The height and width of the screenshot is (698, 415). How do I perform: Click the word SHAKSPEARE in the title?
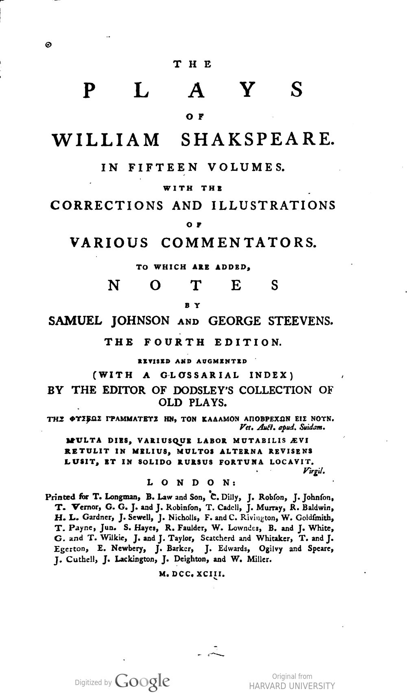[257, 139]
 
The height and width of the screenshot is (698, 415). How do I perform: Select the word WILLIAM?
[106, 139]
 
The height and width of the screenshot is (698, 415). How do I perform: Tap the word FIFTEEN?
[163, 167]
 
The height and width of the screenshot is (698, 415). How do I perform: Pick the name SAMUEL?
[74, 321]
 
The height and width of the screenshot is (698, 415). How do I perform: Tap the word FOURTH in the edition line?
[175, 342]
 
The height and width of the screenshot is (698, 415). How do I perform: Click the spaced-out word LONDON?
[190, 483]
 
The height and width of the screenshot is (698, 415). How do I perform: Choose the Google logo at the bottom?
[142, 681]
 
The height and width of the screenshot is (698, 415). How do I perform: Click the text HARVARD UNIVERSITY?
[292, 686]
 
